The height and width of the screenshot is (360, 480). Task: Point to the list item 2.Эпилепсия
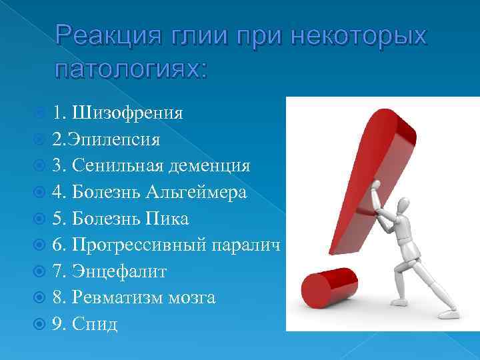point(106,139)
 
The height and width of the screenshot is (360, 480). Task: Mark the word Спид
point(97,324)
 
